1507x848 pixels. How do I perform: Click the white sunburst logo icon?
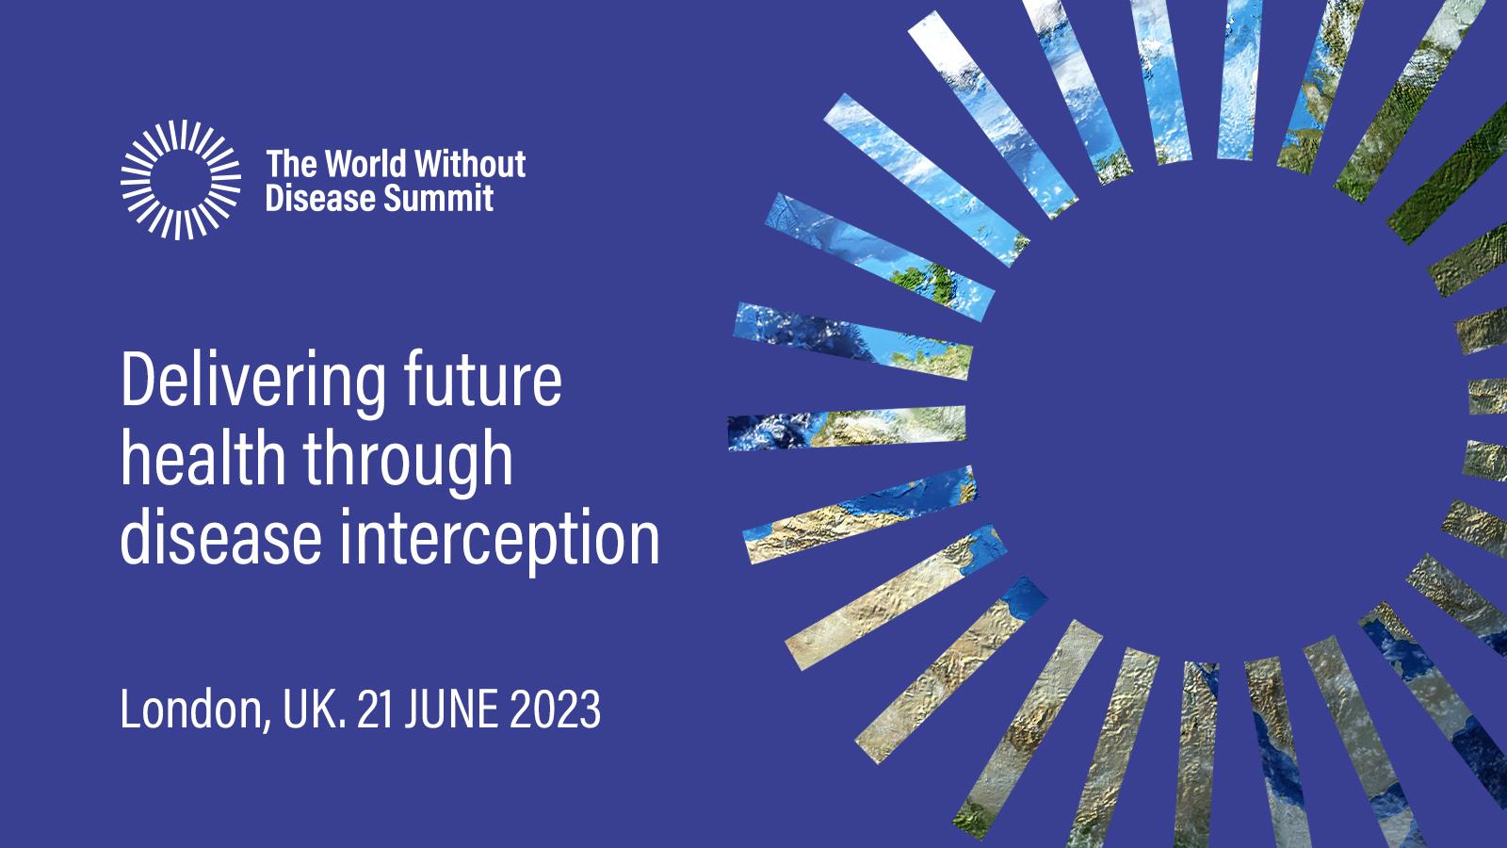180,180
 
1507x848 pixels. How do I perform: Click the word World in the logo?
366,164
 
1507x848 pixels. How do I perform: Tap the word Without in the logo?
470,164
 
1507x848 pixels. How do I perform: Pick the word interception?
499,542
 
